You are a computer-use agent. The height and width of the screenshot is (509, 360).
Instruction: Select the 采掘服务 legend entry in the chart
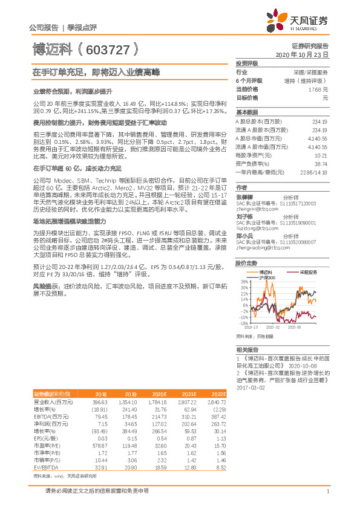coord(307,272)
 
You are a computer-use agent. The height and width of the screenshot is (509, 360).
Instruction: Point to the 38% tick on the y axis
coord(243,281)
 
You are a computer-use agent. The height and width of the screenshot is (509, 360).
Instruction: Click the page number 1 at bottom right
coord(327,491)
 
